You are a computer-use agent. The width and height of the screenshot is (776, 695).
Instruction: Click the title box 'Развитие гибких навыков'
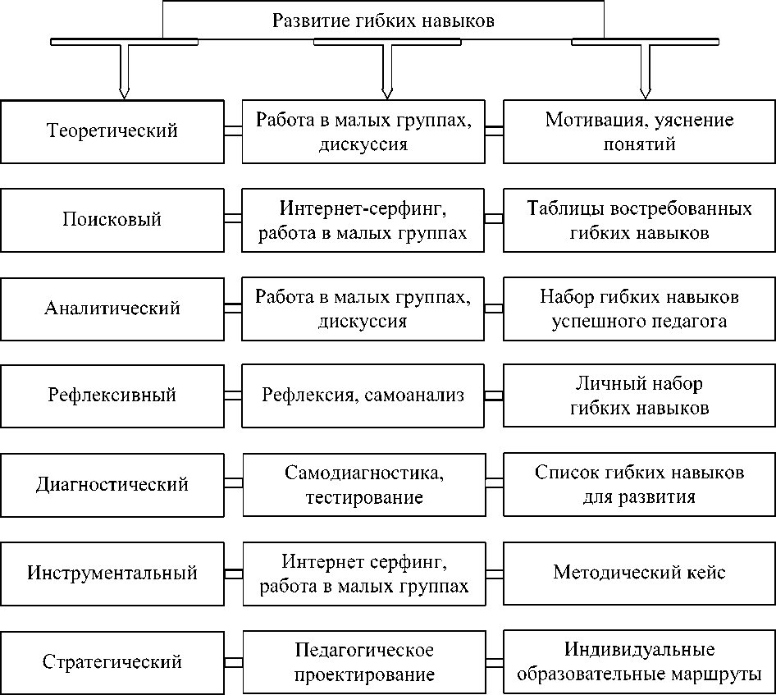[x=383, y=21]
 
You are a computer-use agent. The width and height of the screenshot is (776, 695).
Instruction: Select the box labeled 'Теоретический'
[x=112, y=131]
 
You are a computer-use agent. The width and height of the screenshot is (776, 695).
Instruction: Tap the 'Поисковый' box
[x=112, y=220]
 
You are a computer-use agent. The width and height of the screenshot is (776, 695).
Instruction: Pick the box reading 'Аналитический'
[x=112, y=309]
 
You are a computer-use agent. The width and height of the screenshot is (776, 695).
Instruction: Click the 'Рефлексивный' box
[x=112, y=396]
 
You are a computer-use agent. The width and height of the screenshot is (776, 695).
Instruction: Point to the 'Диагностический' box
[x=112, y=484]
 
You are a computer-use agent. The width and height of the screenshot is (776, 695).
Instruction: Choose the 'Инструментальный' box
[x=112, y=573]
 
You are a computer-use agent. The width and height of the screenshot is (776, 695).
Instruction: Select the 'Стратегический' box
[x=112, y=661]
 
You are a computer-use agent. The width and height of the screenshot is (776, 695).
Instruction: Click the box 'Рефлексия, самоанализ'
[x=363, y=396]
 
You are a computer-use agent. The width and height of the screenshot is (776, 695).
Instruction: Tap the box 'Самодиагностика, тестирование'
[x=363, y=484]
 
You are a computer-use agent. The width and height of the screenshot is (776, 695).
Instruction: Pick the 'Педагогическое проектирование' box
[x=363, y=661]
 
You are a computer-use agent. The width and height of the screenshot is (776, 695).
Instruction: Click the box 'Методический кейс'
[x=639, y=573]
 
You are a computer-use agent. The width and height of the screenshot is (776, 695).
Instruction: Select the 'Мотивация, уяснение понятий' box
[x=639, y=131]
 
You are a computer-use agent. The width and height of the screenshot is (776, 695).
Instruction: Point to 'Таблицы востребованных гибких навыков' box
[x=639, y=220]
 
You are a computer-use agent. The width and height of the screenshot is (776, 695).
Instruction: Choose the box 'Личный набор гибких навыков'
[x=639, y=396]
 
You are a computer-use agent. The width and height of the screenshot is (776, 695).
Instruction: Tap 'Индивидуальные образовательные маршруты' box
[x=639, y=661]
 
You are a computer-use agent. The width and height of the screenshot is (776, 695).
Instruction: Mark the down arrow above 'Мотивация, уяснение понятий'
[x=644, y=69]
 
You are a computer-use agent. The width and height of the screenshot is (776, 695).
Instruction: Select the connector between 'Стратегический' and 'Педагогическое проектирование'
[x=233, y=661]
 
